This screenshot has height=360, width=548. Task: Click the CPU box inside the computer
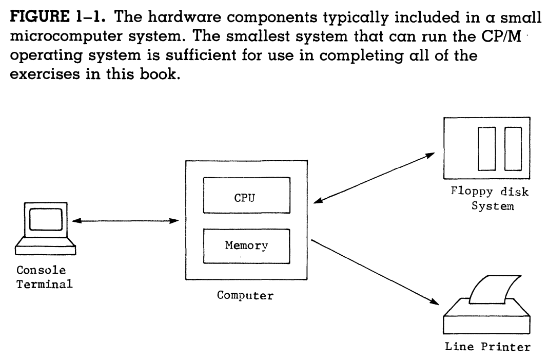click(x=246, y=195)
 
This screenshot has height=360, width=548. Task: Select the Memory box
click(x=246, y=246)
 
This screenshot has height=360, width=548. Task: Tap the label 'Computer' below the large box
click(x=246, y=297)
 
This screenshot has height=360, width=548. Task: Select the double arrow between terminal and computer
click(x=125, y=221)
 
